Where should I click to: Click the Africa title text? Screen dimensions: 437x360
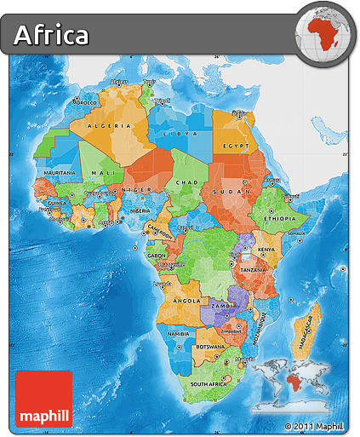tap(52, 35)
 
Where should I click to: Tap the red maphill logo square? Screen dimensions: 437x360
tap(43, 399)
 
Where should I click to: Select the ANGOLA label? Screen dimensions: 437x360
tap(186, 300)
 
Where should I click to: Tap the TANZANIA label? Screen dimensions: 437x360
tap(254, 268)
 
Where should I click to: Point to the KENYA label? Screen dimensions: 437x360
tap(266, 249)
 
